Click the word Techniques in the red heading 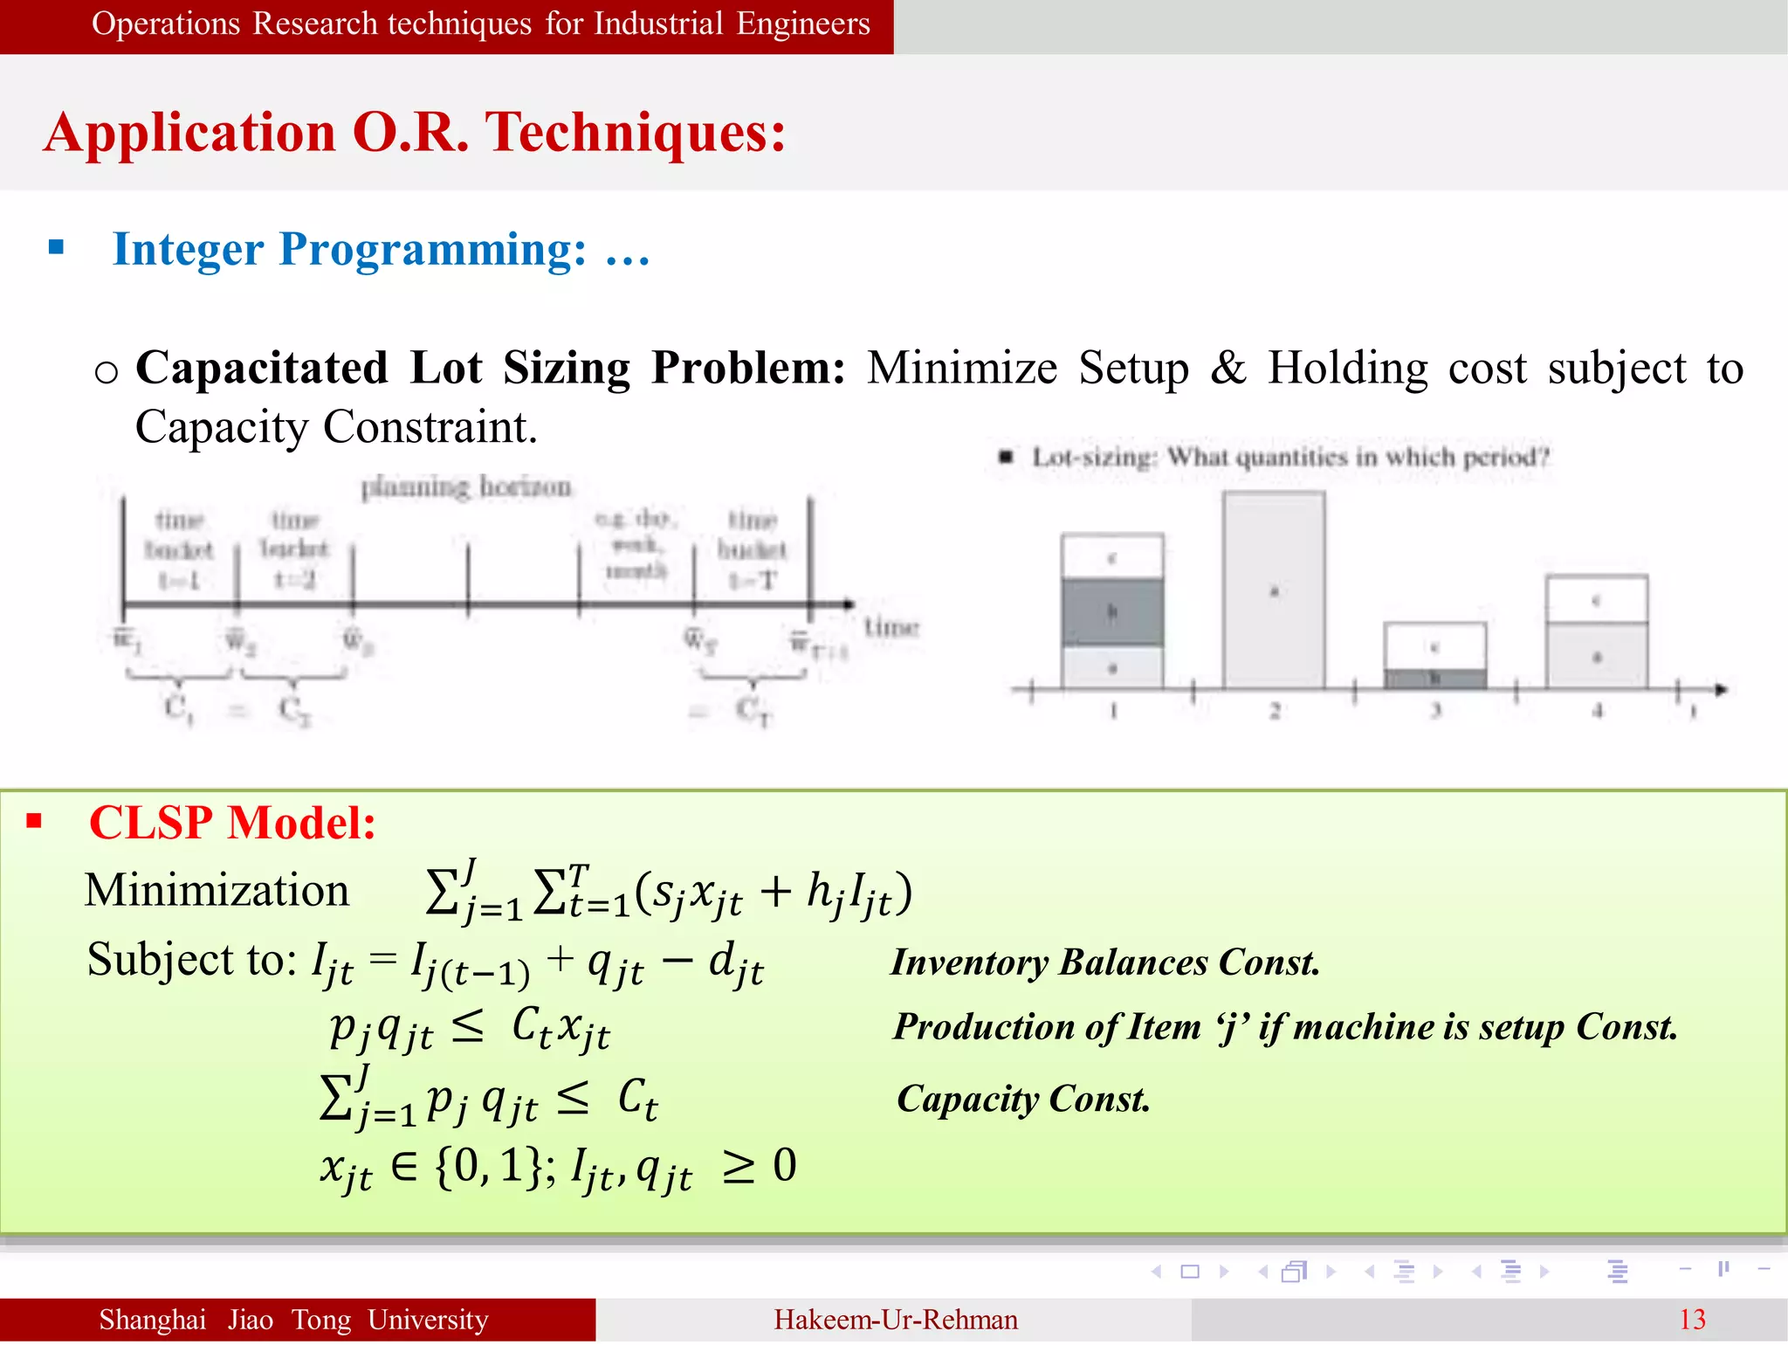point(635,133)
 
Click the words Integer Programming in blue point(349,250)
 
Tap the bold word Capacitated point(262,368)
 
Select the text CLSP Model point(232,823)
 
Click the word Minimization point(217,891)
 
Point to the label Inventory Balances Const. point(1104,962)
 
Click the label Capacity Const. point(1023,1099)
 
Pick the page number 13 point(1691,1320)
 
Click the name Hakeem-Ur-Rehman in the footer point(895,1320)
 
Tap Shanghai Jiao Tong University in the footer point(293,1320)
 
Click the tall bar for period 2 point(1274,590)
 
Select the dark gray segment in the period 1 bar point(1112,611)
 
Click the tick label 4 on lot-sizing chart point(1597,711)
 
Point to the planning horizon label point(466,486)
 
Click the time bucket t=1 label point(179,550)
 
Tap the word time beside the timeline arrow point(891,627)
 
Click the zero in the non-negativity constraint point(785,1165)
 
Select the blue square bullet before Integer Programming point(57,247)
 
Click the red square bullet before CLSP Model point(34,820)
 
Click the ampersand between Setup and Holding point(1228,368)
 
